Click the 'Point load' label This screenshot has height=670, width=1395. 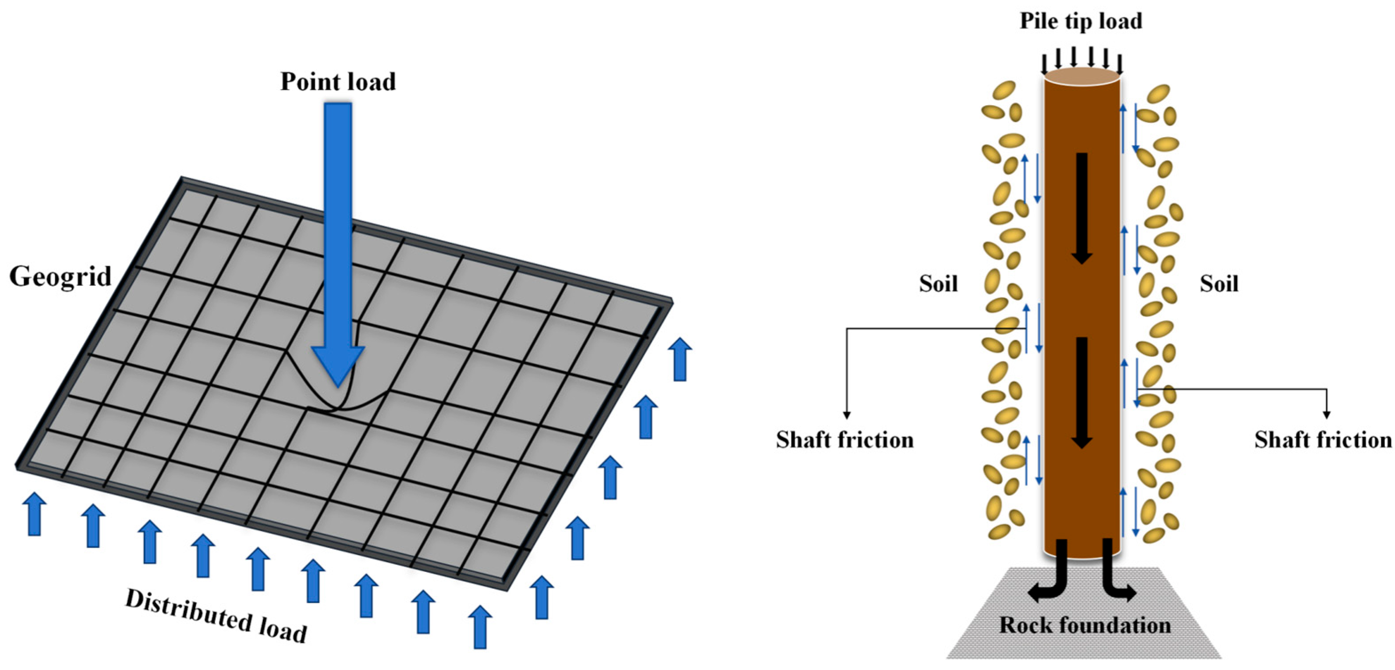point(338,82)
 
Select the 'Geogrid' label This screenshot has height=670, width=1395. point(60,277)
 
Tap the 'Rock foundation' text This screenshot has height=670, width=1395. point(1085,626)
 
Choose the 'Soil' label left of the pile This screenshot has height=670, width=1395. point(938,284)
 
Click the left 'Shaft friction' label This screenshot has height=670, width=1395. point(845,439)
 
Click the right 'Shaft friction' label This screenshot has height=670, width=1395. point(1323,439)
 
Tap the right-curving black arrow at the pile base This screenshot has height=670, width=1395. point(1116,579)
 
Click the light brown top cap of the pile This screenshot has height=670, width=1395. point(1081,77)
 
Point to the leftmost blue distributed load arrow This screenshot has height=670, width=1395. point(34,514)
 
